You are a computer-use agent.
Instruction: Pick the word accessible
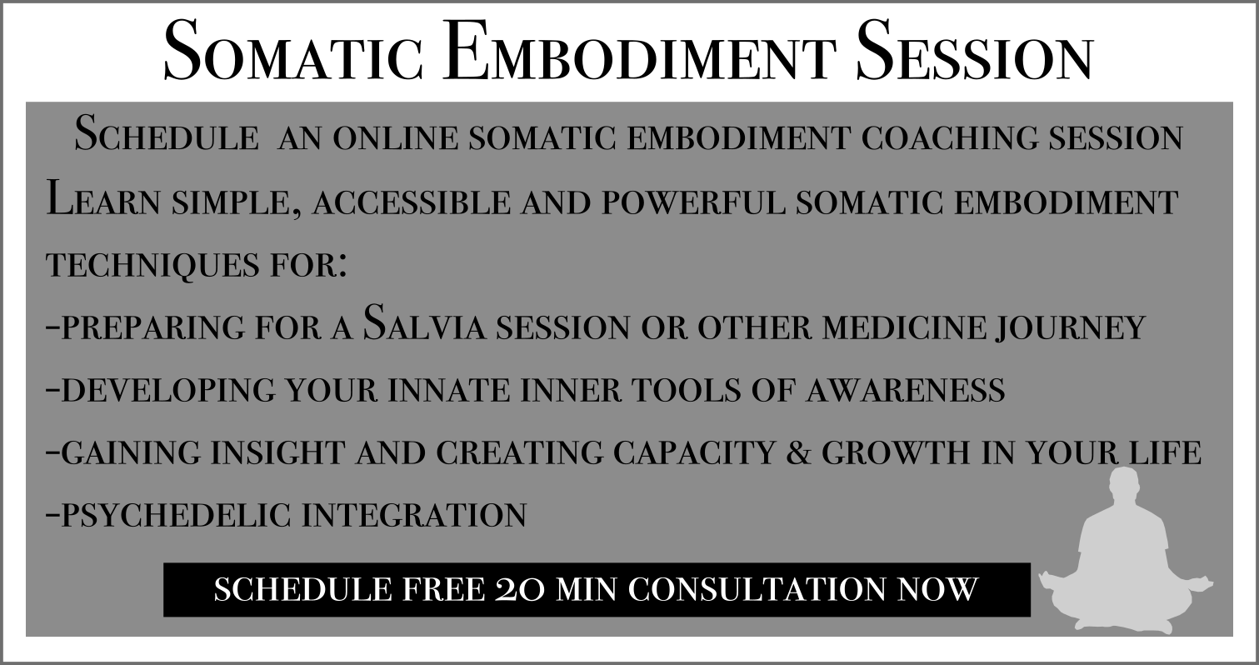[x=412, y=202]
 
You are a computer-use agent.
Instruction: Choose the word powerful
[x=693, y=202]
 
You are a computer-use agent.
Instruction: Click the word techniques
[x=152, y=265]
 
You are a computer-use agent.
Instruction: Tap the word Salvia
[x=424, y=323]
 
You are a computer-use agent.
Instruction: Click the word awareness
[x=906, y=389]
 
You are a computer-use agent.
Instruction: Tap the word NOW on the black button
[x=937, y=590]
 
